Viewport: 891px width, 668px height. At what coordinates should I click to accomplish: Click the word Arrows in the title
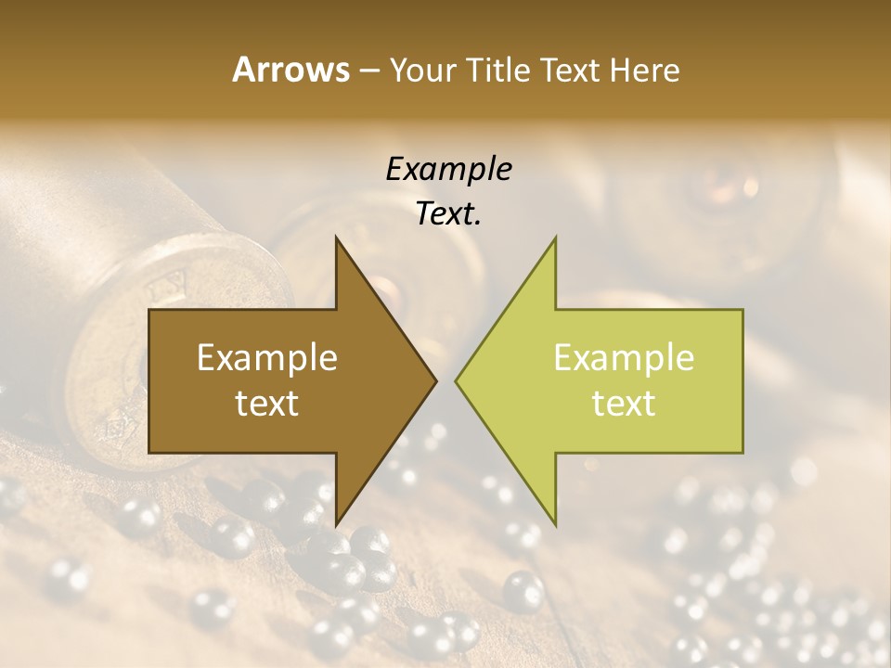point(291,70)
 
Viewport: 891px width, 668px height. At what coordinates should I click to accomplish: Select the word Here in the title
point(644,70)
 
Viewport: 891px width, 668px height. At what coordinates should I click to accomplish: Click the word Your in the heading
point(423,70)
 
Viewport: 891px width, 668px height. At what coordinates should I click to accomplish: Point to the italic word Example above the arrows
point(448,170)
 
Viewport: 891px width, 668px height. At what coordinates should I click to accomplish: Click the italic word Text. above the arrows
point(448,214)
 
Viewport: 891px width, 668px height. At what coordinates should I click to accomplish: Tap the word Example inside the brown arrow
point(267,358)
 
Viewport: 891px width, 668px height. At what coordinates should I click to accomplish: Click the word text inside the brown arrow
point(267,404)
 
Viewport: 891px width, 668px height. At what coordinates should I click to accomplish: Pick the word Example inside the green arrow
point(624,358)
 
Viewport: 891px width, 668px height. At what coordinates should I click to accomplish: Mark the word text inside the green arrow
point(624,404)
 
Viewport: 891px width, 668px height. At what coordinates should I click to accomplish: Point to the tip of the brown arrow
point(434,380)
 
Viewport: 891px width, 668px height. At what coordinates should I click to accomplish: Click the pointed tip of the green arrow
point(458,380)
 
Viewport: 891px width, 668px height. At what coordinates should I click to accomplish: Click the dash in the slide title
point(368,71)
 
